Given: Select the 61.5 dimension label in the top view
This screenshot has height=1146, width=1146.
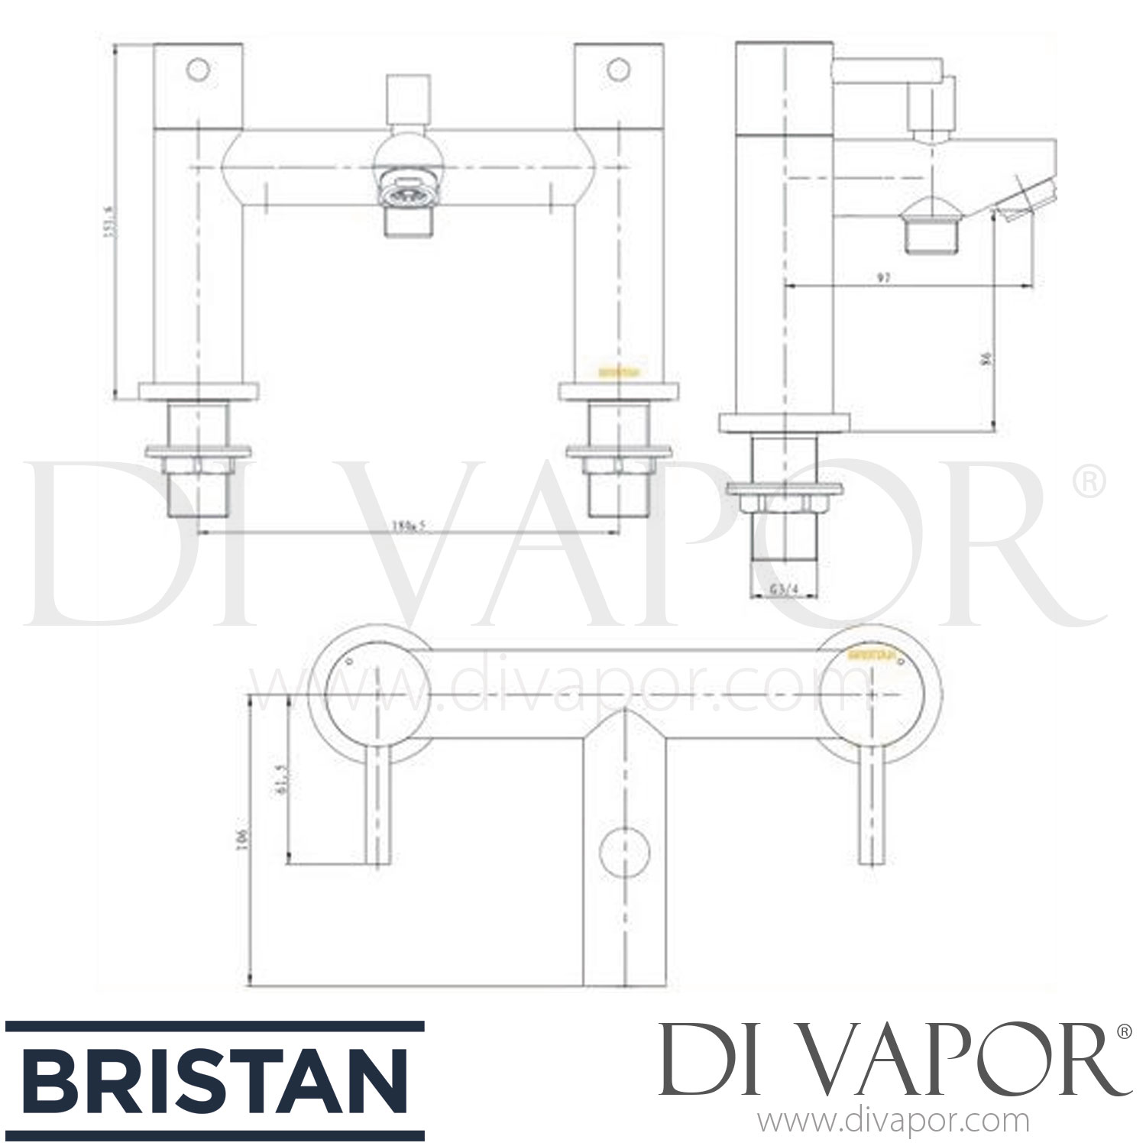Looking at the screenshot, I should tap(280, 779).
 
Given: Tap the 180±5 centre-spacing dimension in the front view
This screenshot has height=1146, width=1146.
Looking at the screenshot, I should tap(408, 525).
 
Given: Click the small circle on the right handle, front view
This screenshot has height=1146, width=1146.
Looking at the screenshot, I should tap(617, 70).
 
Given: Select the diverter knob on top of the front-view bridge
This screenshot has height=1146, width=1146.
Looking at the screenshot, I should tap(407, 98).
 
